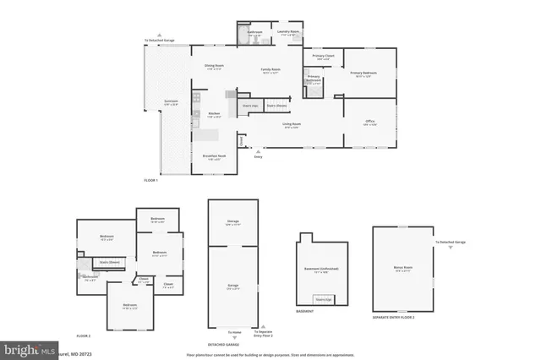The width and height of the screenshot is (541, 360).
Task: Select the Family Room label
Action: pos(270,70)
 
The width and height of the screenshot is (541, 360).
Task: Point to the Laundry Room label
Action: pos(288,32)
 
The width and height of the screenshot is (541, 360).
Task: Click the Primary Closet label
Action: pos(322,57)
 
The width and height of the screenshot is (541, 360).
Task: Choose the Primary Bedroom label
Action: pos(364,74)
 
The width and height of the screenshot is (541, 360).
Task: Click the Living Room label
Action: pos(292,124)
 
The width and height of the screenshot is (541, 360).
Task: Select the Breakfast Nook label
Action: pos(214,156)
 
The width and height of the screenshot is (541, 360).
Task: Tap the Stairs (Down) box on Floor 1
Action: pos(276,106)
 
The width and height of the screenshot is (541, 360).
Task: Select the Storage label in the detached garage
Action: pos(233,222)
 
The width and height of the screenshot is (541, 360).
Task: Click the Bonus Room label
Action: pos(402,270)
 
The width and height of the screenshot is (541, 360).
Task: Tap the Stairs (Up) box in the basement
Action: pos(322,298)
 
